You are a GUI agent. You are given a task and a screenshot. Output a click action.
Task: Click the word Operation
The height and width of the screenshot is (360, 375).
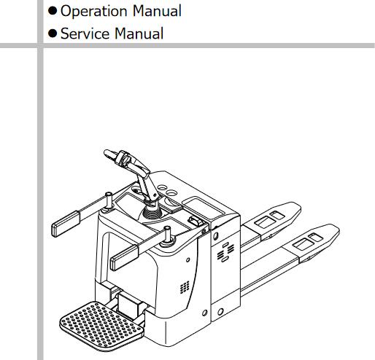[93, 12]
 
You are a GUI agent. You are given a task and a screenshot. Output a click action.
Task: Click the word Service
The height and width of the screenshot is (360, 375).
[85, 34]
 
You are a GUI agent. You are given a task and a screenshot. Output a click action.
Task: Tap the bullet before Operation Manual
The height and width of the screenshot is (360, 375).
[53, 11]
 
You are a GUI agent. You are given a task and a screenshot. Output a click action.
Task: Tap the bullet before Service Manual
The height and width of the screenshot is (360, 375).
[53, 34]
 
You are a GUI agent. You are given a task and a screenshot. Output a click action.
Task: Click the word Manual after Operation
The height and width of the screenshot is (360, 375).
[157, 11]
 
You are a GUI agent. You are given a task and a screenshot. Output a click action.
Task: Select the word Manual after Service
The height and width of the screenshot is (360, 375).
[139, 34]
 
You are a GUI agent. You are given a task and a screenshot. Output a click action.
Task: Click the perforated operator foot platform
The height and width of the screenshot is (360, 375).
[101, 326]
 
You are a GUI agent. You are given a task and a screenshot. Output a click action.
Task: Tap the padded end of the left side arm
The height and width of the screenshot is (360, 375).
[66, 224]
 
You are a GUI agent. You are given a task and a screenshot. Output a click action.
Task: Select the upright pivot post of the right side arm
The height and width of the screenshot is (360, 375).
[167, 234]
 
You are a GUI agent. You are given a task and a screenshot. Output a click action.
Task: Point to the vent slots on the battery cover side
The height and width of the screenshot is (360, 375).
[225, 252]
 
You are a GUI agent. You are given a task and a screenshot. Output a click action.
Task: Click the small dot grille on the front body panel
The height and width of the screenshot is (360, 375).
[185, 287]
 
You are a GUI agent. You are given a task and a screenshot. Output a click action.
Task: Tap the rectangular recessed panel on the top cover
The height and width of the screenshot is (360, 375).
[204, 206]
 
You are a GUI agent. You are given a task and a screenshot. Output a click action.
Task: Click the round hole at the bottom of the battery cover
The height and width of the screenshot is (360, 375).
[220, 312]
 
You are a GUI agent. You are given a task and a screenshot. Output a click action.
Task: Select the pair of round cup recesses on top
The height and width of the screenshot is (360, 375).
[168, 189]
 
